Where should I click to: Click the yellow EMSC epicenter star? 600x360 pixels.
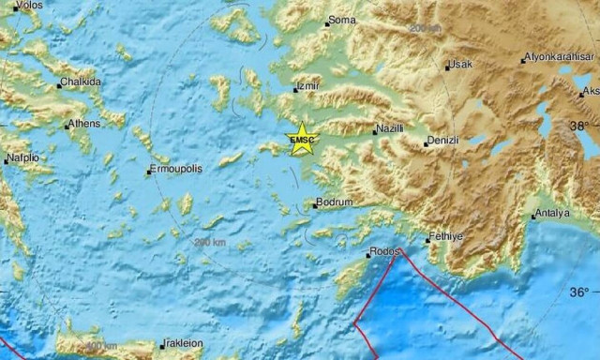[x=303, y=139]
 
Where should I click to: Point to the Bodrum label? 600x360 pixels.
[x=334, y=202]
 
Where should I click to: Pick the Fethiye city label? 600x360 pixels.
[x=445, y=237]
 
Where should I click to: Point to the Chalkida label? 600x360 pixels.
[x=81, y=82]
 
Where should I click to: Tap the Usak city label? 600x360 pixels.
[x=460, y=64]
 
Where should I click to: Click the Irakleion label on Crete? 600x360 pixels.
[x=181, y=343]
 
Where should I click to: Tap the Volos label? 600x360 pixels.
[x=27, y=5]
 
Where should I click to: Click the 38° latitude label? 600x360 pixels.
[x=582, y=126]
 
